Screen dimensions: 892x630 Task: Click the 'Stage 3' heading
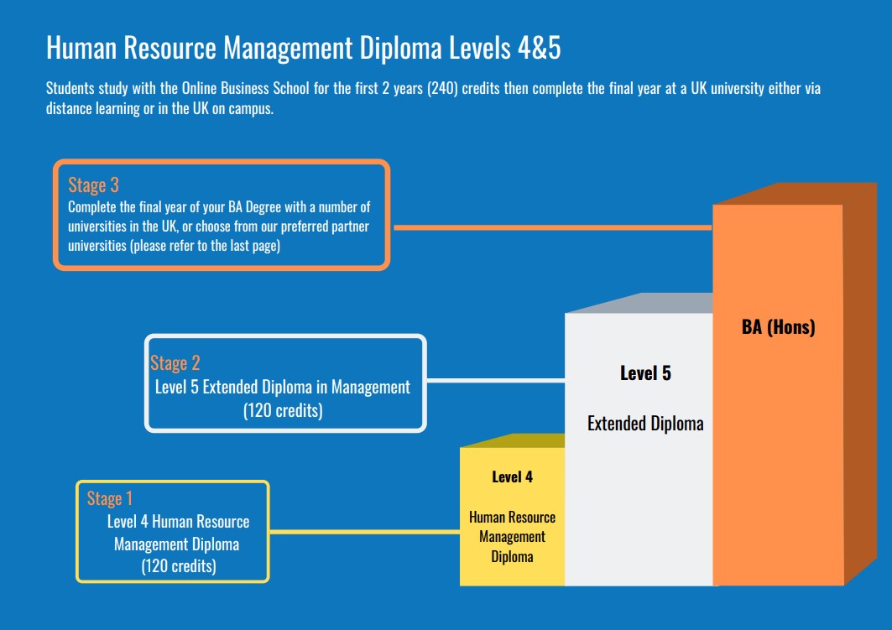pos(93,185)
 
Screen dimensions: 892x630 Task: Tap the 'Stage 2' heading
pos(175,363)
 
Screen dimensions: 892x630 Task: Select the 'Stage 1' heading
pos(110,498)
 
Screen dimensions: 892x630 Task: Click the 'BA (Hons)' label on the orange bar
pos(778,327)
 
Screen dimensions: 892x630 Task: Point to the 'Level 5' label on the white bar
pos(645,373)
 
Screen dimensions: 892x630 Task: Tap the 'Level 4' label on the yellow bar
pos(512,476)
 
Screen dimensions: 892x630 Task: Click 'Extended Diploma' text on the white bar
pos(645,424)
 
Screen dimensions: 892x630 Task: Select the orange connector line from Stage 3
pos(552,227)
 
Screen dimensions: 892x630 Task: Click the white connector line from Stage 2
pos(495,380)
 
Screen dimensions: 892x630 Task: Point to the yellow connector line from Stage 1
pos(365,532)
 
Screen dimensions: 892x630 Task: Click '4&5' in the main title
pos(540,48)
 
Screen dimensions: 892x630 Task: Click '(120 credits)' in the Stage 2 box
pos(284,410)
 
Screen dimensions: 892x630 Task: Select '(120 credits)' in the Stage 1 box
pos(179,566)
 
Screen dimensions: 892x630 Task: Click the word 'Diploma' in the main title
pos(401,48)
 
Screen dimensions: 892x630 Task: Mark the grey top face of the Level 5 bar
pos(640,303)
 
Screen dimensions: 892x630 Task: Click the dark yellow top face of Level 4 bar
pos(513,440)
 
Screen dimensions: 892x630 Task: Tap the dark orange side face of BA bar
pos(859,381)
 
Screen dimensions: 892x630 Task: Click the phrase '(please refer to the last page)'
pos(205,246)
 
